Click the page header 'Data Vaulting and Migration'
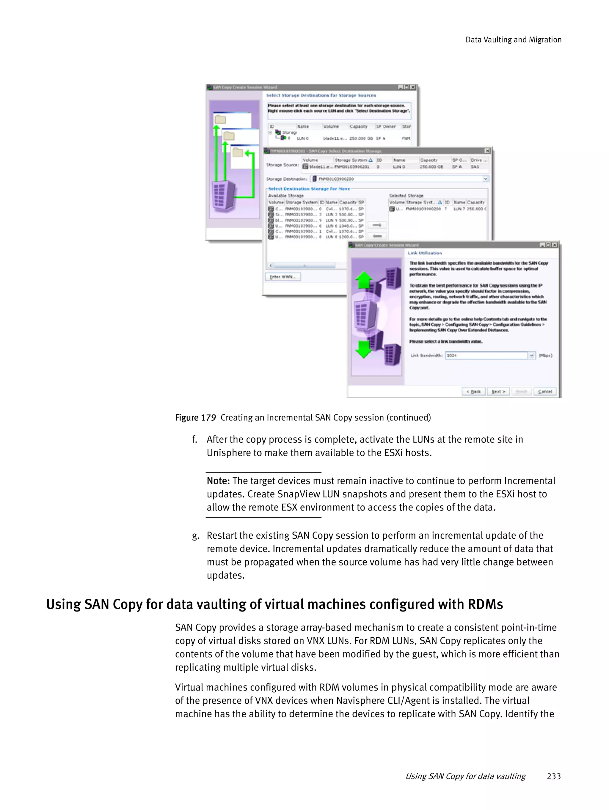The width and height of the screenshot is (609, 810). tap(513, 40)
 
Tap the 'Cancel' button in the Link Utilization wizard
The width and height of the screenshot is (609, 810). tap(544, 391)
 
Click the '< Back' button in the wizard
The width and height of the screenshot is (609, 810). tap(473, 391)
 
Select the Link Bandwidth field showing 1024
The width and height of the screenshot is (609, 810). tap(486, 355)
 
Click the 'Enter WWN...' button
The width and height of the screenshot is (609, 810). tap(282, 277)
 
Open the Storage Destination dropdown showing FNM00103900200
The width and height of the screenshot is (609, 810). tap(485, 179)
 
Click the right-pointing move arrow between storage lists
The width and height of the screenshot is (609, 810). tap(377, 225)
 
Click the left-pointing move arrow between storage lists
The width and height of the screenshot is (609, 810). tap(377, 236)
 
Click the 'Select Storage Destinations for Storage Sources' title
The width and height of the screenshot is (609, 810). tap(321, 95)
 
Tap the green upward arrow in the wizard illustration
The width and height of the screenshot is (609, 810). tap(364, 280)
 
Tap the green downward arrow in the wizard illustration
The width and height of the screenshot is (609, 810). tap(364, 349)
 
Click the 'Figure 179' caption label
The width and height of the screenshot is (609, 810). tap(195, 417)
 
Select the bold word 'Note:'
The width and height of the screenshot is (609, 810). tap(218, 481)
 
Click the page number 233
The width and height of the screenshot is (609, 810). tap(553, 776)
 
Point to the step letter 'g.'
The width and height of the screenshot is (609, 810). tap(196, 536)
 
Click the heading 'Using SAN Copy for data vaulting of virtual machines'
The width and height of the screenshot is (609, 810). tap(274, 604)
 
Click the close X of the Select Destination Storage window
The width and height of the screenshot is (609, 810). tap(487, 151)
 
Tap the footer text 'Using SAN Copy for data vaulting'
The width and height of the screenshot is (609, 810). tap(465, 776)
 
